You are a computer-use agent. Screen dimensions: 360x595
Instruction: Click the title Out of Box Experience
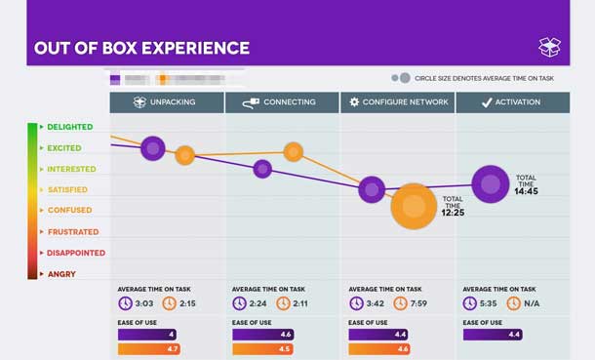141,48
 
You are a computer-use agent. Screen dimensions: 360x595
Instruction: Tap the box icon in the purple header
549,47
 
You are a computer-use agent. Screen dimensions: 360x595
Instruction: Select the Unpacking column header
167,102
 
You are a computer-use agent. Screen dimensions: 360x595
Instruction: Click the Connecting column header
282,102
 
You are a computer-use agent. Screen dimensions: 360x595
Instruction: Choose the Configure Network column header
397,102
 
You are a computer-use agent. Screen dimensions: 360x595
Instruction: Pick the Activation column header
512,102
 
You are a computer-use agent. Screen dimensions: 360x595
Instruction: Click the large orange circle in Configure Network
415,206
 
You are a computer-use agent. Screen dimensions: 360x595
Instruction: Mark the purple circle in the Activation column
491,183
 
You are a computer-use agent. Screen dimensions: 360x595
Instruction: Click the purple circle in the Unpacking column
153,148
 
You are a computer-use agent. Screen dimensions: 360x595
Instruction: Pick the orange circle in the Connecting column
294,151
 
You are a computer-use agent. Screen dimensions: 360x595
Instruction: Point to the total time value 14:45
526,192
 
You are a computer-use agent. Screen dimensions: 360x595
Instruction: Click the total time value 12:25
452,212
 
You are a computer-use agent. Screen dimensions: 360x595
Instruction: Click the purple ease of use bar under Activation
492,335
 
